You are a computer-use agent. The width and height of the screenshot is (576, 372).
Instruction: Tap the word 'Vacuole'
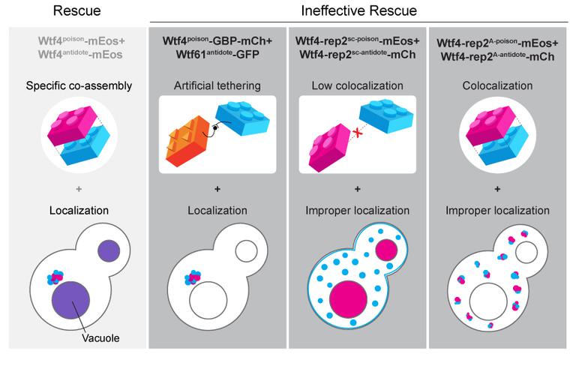101,338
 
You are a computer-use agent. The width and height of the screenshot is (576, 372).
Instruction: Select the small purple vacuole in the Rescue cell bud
107,249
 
